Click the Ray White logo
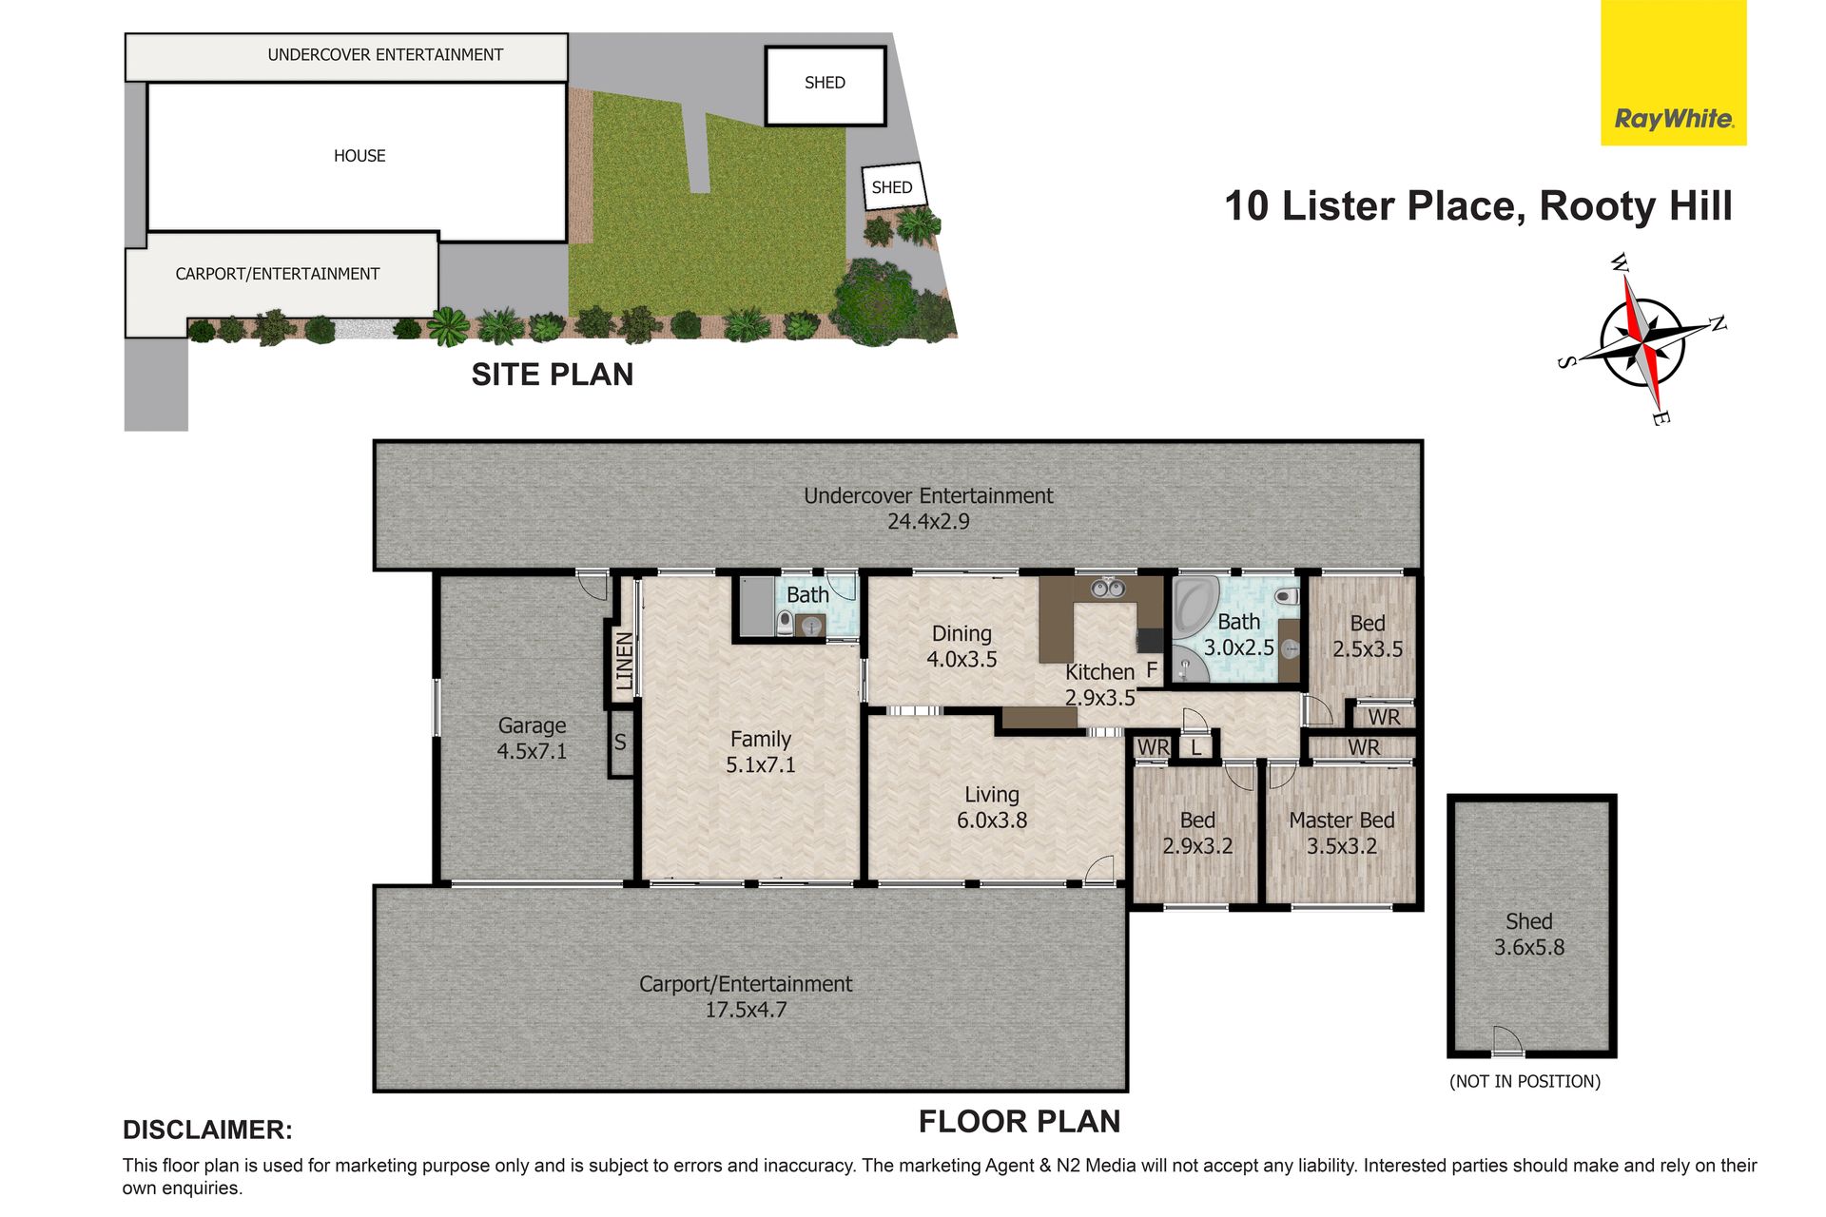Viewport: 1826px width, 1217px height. pyautogui.click(x=1674, y=72)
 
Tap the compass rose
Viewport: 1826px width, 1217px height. pyautogui.click(x=1642, y=339)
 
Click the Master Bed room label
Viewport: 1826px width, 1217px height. pyautogui.click(x=1341, y=833)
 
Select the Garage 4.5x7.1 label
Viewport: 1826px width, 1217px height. pyautogui.click(x=532, y=739)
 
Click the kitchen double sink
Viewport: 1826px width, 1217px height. pyautogui.click(x=1107, y=589)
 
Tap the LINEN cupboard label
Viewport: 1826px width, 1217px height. pyautogui.click(x=624, y=661)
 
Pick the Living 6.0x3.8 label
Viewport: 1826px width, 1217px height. pyautogui.click(x=992, y=807)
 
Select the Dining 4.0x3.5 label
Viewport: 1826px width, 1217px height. pyautogui.click(x=962, y=647)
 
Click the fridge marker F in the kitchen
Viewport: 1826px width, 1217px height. pyautogui.click(x=1152, y=670)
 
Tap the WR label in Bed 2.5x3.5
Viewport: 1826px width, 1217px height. pyautogui.click(x=1384, y=717)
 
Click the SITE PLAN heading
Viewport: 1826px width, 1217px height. pyautogui.click(x=553, y=375)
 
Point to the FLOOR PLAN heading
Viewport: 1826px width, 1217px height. pyautogui.click(x=1020, y=1122)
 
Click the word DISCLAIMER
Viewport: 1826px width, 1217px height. pyautogui.click(x=207, y=1130)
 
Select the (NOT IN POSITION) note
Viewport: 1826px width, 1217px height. pyautogui.click(x=1525, y=1081)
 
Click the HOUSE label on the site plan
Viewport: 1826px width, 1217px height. pyautogui.click(x=359, y=156)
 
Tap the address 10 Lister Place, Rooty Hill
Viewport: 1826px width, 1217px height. pyautogui.click(x=1478, y=206)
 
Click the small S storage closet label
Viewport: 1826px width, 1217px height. pyautogui.click(x=620, y=742)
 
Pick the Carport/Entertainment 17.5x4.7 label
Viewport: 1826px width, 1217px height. pyautogui.click(x=746, y=996)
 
